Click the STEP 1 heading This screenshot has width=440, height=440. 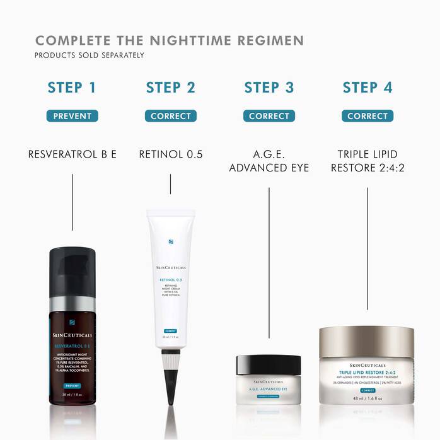(72, 87)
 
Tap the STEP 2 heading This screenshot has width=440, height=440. (170, 87)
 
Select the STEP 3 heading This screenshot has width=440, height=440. (269, 87)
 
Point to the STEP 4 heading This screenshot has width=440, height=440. (368, 87)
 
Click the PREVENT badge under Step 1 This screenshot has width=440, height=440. (72, 116)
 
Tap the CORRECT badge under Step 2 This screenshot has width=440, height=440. (170, 116)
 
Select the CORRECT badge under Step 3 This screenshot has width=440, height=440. (269, 116)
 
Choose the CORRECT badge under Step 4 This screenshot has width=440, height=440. (368, 116)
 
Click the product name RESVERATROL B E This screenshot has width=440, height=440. (72, 153)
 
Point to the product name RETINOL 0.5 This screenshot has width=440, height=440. (170, 153)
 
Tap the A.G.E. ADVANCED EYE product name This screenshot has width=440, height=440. (269, 160)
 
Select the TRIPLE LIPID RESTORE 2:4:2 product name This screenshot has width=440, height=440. (368, 160)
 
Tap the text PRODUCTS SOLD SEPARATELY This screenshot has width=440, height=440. (90, 55)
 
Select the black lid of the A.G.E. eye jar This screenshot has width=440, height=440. (269, 365)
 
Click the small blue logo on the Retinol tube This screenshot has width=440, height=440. (170, 241)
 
